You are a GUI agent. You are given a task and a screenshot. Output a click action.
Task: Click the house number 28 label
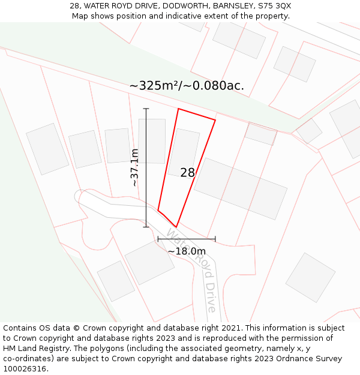point(187,173)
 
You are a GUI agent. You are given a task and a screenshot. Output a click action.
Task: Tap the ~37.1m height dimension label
point(135,167)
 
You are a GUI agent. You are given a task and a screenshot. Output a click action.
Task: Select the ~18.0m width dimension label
point(186,251)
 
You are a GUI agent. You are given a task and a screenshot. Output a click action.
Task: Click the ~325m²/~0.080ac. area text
point(187,85)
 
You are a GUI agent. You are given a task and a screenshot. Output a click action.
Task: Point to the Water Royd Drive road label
point(191,269)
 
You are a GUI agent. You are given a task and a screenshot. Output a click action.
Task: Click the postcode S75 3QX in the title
point(274,5)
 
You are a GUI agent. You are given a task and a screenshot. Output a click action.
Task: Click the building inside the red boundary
point(184,154)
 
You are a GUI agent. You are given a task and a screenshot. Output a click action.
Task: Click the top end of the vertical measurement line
point(146,109)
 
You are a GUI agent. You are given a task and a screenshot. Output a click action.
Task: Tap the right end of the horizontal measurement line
point(215,239)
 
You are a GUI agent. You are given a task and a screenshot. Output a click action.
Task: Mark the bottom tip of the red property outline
point(176,227)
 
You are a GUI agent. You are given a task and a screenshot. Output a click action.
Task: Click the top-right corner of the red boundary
point(215,120)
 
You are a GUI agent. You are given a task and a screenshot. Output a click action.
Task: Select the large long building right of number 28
point(241,188)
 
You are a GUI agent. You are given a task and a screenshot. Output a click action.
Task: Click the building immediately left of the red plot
point(152,141)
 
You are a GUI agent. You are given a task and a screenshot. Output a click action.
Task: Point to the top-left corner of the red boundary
point(178,109)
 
